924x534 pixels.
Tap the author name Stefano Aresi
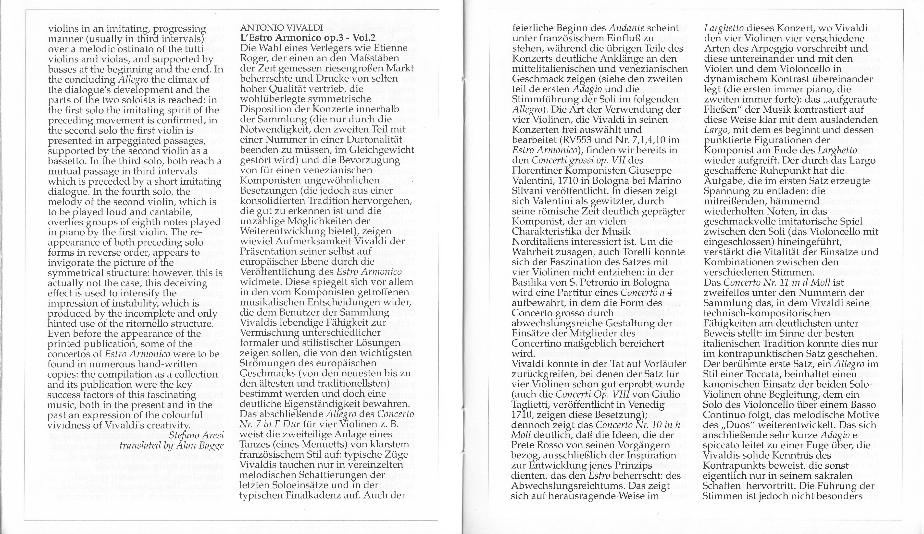tap(196, 436)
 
